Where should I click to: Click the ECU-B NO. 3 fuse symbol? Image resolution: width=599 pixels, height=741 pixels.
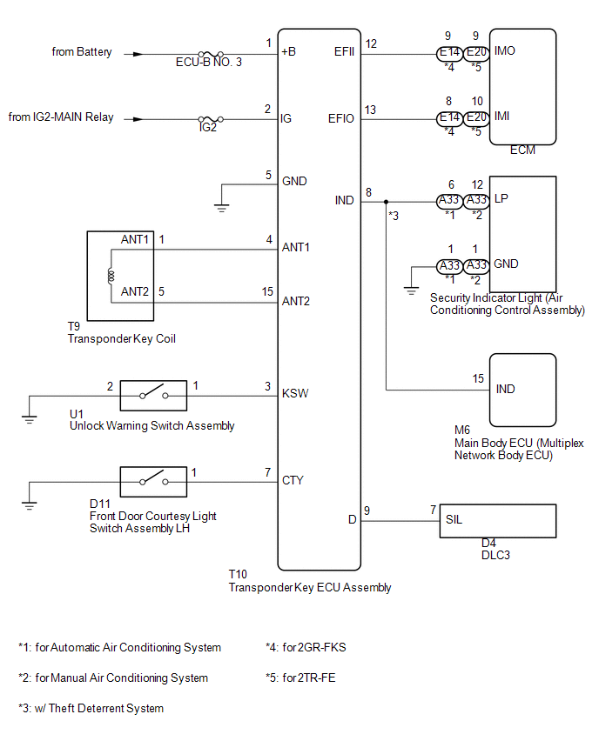pos(211,54)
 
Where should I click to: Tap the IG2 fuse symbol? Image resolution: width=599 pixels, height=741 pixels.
pos(211,119)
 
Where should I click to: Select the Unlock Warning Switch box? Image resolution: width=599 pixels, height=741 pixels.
pos(153,396)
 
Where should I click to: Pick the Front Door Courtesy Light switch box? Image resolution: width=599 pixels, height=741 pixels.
pos(153,482)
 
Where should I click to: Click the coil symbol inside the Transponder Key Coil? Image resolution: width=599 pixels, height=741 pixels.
pos(111,276)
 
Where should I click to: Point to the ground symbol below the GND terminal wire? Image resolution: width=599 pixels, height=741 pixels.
pos(221,208)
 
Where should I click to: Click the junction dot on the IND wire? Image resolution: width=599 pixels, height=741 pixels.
pos(386,202)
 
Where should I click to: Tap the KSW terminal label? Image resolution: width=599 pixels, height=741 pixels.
pos(295,393)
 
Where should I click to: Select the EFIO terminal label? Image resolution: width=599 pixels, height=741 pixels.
pos(340,118)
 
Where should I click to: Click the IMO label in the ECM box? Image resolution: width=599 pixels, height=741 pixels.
pos(504,50)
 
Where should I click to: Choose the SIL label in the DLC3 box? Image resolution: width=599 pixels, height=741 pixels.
pos(454,519)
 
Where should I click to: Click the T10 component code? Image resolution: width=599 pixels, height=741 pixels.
pos(238,574)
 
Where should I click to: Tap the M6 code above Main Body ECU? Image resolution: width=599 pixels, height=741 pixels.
pos(461,430)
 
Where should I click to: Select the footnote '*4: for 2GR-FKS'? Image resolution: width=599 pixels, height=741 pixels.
pos(306,647)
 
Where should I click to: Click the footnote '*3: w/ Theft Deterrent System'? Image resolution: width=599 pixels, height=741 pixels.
pos(91,708)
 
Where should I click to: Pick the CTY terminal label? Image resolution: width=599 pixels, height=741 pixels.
pos(293,480)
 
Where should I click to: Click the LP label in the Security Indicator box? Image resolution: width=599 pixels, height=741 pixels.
pos(501,198)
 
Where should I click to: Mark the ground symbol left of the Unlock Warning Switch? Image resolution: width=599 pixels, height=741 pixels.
pos(30,418)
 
